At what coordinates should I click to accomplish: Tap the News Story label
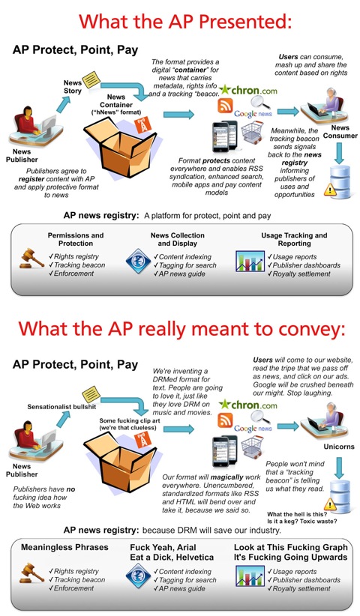click(73, 87)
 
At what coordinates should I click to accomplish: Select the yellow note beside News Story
click(91, 79)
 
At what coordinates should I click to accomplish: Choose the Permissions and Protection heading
click(76, 239)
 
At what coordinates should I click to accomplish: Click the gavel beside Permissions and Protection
click(31, 258)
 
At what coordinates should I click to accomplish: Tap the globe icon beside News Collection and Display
click(138, 262)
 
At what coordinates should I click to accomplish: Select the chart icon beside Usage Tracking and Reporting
click(250, 262)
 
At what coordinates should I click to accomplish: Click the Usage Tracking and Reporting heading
click(294, 239)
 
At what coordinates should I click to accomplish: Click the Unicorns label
click(339, 447)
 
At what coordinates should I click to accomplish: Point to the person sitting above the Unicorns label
click(327, 418)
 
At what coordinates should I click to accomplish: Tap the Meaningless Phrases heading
click(64, 547)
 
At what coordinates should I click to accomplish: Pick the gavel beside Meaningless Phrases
click(31, 573)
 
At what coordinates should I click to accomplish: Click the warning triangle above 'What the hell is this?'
click(330, 504)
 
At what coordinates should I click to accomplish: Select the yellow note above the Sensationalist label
click(91, 394)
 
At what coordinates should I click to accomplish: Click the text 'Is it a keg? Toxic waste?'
click(301, 522)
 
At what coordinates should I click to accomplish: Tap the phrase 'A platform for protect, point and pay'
click(208, 216)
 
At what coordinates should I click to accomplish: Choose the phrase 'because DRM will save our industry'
click(211, 531)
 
